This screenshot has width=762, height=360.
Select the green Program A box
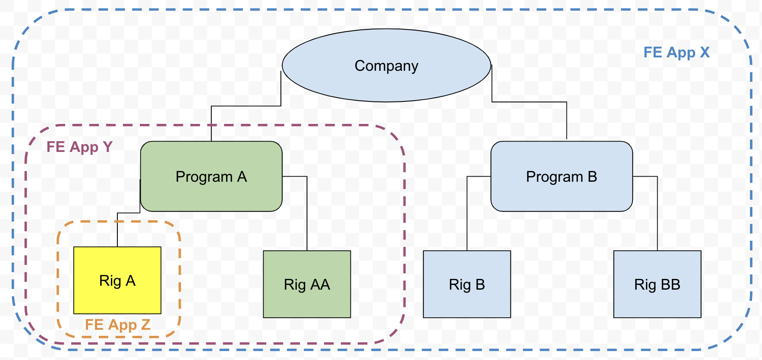pyautogui.click(x=211, y=194)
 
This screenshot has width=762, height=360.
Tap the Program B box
pyautogui.click(x=561, y=194)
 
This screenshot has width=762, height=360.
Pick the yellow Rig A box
pyautogui.click(x=117, y=298)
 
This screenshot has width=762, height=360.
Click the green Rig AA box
pyautogui.click(x=307, y=302)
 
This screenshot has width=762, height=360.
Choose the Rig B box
pyautogui.click(x=467, y=302)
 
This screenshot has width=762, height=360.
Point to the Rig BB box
pyautogui.click(x=657, y=302)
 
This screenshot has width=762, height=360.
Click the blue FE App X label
pyautogui.click(x=676, y=53)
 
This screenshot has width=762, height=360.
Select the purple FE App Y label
pyautogui.click(x=79, y=147)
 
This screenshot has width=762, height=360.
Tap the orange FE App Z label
pyautogui.click(x=117, y=325)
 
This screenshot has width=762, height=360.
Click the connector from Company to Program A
pyautogui.click(x=246, y=106)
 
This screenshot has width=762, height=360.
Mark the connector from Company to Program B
pyautogui.click(x=529, y=102)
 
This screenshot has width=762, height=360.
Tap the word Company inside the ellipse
pyautogui.click(x=386, y=66)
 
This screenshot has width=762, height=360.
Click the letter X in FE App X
pyautogui.click(x=705, y=53)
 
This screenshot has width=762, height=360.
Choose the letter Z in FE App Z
pyautogui.click(x=145, y=325)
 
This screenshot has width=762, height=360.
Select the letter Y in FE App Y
pyautogui.click(x=107, y=147)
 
